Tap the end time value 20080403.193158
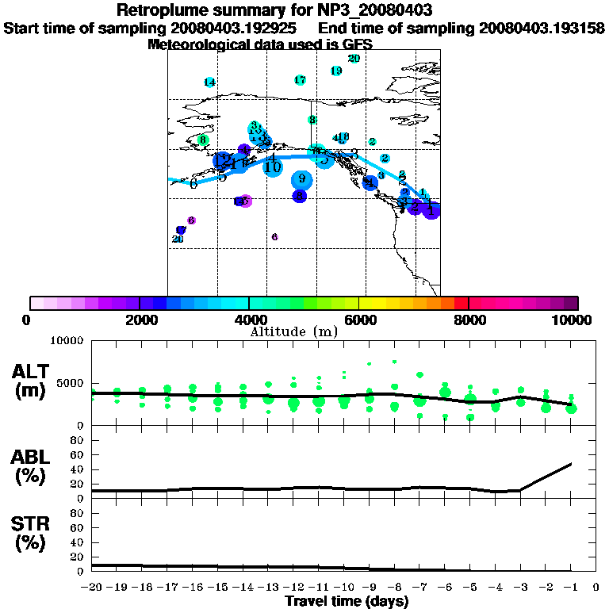point(542,28)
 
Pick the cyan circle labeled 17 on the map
point(300,80)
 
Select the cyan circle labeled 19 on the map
point(336,71)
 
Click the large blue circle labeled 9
point(302,180)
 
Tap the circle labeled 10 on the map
point(273,167)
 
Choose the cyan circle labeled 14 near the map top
point(209,82)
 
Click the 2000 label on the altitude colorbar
point(139,320)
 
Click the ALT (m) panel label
point(33,381)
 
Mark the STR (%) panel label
point(33,535)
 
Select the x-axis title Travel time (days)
point(347,601)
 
